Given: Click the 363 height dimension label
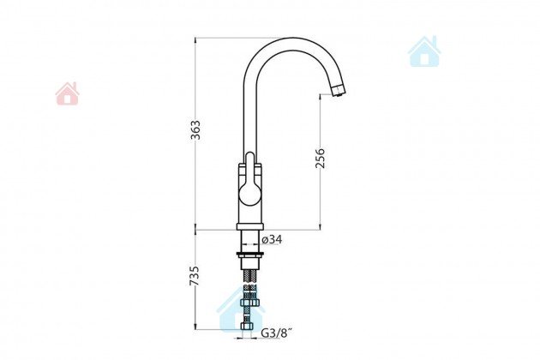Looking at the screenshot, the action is tap(195, 129).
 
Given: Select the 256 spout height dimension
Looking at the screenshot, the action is tap(320, 158).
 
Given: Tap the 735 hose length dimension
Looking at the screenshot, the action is tap(195, 276).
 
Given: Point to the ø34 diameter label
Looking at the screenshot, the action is tap(272, 239).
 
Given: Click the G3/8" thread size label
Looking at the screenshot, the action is tap(277, 333).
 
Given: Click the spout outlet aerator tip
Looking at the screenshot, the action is tap(339, 91).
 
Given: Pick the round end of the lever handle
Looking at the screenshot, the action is tap(250, 195).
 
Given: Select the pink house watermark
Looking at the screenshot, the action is tap(67, 93).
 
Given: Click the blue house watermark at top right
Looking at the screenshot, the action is tap(424, 51).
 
